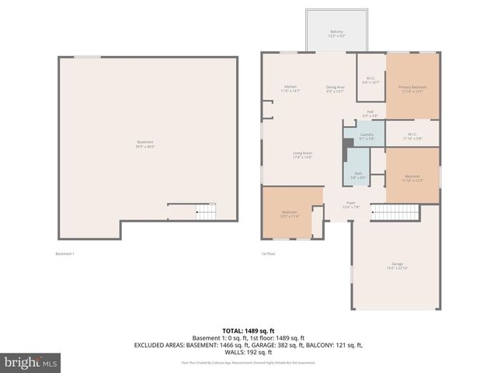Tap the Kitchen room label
[x=290, y=89]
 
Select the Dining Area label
[x=335, y=89]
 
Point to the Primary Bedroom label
[x=412, y=89]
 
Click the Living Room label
[x=302, y=155]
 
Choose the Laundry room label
[x=367, y=137]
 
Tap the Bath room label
[x=358, y=175]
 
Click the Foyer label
[x=351, y=205]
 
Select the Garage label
[x=398, y=266]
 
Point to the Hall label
[x=371, y=113]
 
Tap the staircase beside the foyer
[x=394, y=211]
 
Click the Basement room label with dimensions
[x=145, y=144]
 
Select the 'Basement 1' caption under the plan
[x=64, y=253]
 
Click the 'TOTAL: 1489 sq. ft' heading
[x=248, y=329]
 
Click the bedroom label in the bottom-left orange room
[x=290, y=214]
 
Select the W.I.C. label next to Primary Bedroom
[x=371, y=79]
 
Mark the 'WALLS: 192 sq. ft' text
[x=248, y=351]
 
